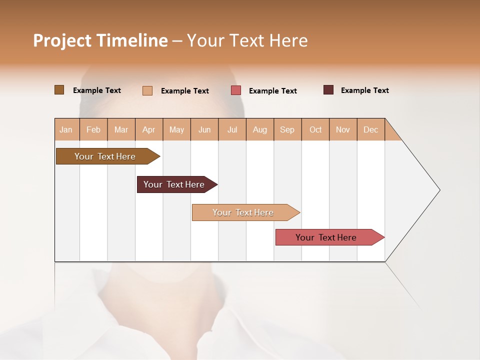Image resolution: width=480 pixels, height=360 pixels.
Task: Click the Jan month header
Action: pyautogui.click(x=66, y=129)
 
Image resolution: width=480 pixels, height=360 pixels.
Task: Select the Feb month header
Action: pyautogui.click(x=93, y=129)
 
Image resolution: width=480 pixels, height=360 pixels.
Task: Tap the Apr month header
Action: pyautogui.click(x=148, y=129)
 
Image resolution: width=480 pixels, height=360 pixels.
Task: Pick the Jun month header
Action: pyautogui.click(x=204, y=129)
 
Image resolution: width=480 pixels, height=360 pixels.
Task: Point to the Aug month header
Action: pyautogui.click(x=259, y=129)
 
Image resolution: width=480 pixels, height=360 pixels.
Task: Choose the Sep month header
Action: pyautogui.click(x=287, y=129)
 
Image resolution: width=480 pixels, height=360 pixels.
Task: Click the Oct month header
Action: pyautogui.click(x=315, y=129)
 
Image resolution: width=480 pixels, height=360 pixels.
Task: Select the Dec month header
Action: pyautogui.click(x=370, y=129)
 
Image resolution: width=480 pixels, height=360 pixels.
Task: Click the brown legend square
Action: pyautogui.click(x=59, y=90)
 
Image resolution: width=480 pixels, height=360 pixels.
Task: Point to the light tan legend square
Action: pyautogui.click(x=147, y=90)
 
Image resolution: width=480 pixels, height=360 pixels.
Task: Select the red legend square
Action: pyautogui.click(x=236, y=90)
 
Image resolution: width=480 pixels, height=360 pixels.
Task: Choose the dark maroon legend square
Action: pyautogui.click(x=328, y=90)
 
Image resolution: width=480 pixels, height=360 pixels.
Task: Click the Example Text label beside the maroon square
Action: pyautogui.click(x=364, y=90)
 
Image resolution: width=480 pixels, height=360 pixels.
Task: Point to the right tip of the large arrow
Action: pyautogui.click(x=438, y=190)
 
